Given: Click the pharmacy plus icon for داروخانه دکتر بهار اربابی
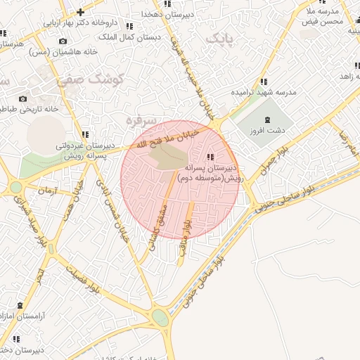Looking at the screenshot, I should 81,12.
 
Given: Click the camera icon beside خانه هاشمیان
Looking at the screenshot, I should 63,41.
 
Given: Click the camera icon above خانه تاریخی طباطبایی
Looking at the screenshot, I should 23,98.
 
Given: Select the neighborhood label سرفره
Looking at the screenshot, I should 139,120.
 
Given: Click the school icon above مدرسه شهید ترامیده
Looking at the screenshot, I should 263,82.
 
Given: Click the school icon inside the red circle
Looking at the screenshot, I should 210,157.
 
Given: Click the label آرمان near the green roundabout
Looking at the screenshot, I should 46,190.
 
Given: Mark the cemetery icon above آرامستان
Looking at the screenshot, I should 19,306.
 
